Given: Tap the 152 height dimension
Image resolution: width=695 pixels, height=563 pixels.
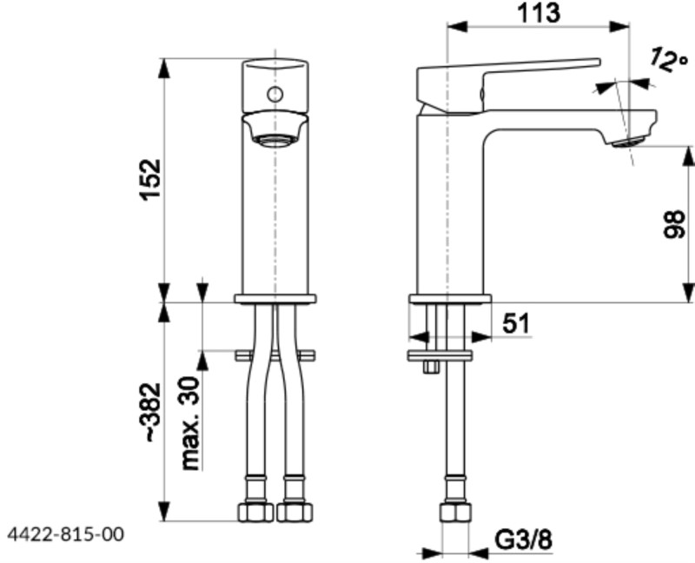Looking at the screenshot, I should [x=150, y=179].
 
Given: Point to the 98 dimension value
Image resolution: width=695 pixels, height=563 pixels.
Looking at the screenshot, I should [x=673, y=224].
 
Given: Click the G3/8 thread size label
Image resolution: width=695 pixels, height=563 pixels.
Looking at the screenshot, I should [x=524, y=540].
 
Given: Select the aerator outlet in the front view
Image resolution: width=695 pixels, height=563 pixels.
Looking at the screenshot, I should [x=274, y=139].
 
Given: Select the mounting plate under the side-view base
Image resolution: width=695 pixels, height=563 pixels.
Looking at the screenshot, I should [x=440, y=354].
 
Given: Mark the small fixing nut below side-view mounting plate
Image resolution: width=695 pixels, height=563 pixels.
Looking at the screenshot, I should [x=429, y=368].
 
